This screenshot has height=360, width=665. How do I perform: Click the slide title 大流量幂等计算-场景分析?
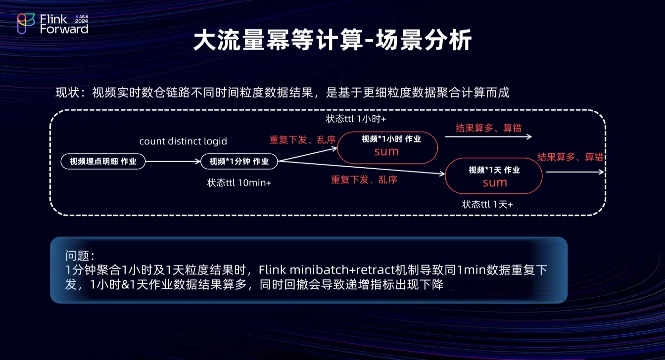click(332, 41)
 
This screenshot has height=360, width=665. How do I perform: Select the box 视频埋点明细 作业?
click(103, 161)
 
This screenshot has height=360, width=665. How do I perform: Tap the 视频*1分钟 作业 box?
click(239, 161)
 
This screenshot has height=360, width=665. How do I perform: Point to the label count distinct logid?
click(183, 141)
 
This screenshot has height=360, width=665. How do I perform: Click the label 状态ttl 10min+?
click(239, 182)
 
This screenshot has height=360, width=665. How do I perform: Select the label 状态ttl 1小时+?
click(356, 119)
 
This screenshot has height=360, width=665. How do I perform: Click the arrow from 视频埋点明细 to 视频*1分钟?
click(173, 161)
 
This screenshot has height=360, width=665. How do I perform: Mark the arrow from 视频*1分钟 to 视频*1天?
click(361, 168)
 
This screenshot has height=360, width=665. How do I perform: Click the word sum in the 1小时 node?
click(386, 151)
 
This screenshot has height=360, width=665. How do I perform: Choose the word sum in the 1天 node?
click(495, 182)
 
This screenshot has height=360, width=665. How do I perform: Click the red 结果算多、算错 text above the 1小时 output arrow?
click(488, 128)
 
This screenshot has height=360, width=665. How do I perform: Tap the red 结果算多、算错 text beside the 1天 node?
click(570, 157)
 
